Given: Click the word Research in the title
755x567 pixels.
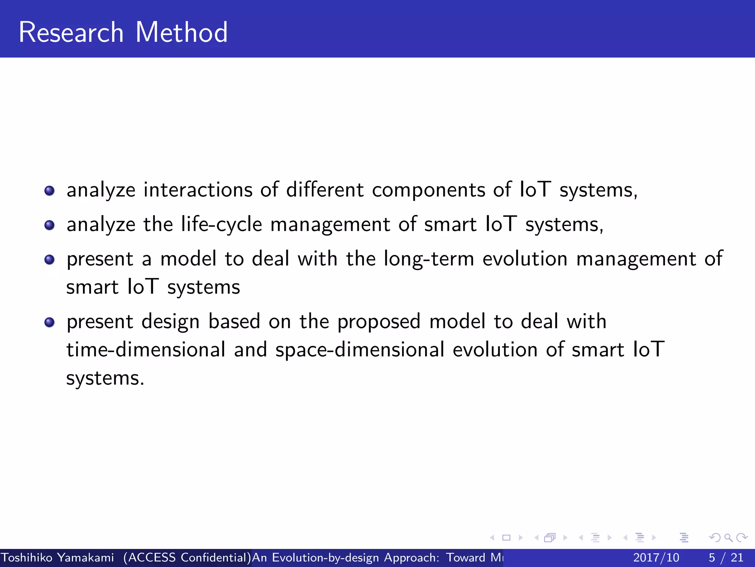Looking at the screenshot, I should pos(71,32).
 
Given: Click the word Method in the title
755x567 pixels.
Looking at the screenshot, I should pos(181,32).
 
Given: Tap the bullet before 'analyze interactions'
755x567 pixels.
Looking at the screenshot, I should pos(49,191).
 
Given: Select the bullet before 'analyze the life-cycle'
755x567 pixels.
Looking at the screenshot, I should pos(49,225).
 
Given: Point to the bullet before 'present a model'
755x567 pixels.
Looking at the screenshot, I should pos(49,260).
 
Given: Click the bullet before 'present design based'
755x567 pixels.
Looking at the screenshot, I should pos(49,322).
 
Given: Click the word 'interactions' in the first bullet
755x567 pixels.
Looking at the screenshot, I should pos(198,190).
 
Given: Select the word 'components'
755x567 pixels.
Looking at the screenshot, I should pos(428,190).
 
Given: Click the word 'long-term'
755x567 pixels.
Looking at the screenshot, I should pos(429,259).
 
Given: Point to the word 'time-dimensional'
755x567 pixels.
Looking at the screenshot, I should pos(146,350).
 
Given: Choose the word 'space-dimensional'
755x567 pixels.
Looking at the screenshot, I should pos(360,350).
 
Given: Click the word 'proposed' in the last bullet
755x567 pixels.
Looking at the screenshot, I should pos(379,322).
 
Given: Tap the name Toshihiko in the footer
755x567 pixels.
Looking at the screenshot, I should pos(27,557).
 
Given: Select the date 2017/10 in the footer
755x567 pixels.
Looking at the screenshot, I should pos(656,557).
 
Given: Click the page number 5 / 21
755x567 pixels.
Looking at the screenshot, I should pos(726,557).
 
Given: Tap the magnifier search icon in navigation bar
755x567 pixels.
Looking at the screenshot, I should pos(728,538).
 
